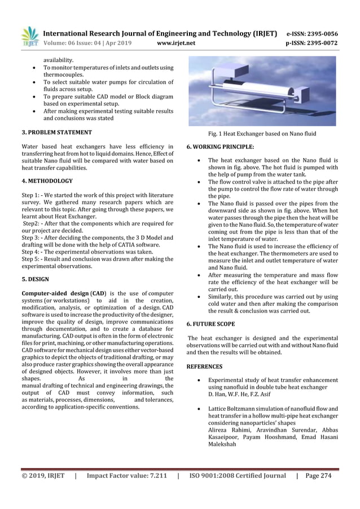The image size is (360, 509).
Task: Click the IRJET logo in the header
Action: click(x=30, y=37)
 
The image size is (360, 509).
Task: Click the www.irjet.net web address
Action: click(x=177, y=42)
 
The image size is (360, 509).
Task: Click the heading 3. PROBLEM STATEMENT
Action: click(x=56, y=133)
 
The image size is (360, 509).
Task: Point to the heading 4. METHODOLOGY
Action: click(x=47, y=181)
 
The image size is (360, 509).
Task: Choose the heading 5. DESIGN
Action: click(x=35, y=279)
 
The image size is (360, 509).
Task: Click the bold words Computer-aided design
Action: click(x=55, y=293)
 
